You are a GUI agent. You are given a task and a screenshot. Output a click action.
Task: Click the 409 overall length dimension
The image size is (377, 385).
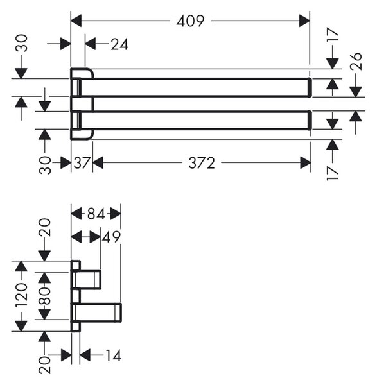[x=190, y=21]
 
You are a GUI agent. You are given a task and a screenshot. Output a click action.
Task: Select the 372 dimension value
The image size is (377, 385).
[x=202, y=163]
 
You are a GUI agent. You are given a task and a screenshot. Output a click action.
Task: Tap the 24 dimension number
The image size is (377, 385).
[x=119, y=44]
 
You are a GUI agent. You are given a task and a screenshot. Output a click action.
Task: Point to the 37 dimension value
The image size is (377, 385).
[x=81, y=163]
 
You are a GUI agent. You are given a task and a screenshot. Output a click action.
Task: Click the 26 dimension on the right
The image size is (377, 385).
[x=356, y=62]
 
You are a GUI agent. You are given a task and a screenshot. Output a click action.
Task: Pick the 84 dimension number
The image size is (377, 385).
[x=96, y=214]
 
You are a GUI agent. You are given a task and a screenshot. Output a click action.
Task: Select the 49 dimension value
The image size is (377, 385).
[x=111, y=237]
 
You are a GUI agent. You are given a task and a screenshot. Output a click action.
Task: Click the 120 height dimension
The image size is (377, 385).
[x=21, y=295]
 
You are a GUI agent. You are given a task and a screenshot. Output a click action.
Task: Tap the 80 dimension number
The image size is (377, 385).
[x=44, y=296]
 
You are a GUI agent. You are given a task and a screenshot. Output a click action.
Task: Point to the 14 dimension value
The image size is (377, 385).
[x=113, y=355]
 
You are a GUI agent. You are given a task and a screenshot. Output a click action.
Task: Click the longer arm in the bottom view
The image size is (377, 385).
[x=96, y=312]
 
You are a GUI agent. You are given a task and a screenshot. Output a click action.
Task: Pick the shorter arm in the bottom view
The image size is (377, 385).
[x=86, y=279]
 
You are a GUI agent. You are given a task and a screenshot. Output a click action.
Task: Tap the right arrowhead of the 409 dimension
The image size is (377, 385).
[x=304, y=21]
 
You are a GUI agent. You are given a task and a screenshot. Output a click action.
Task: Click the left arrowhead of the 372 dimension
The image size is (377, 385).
[x=98, y=163]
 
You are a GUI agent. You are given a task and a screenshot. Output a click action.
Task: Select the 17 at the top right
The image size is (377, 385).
[x=333, y=35]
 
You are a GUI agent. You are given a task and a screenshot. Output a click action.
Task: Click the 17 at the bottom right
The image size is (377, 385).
[x=333, y=173]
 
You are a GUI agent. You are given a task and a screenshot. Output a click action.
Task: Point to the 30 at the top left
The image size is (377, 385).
[x=21, y=43]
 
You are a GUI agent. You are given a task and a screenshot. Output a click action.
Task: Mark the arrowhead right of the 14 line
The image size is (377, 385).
[x=85, y=355]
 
